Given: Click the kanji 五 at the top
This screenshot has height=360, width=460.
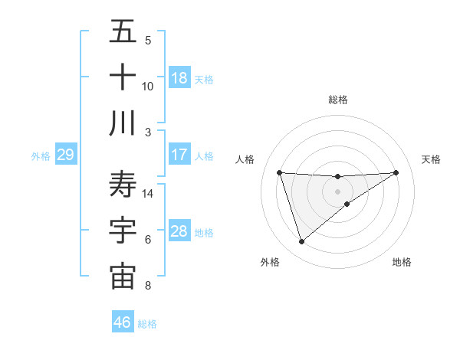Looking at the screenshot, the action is (x=123, y=33).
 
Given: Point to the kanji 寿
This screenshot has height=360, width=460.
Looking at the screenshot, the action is (x=123, y=185).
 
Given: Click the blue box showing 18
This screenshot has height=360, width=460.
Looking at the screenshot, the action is (x=179, y=78).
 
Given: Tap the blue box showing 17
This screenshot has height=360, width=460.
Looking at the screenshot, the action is (x=179, y=155).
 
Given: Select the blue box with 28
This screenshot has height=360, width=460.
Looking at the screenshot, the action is (x=179, y=231).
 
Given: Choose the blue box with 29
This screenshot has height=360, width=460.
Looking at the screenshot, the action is (x=65, y=155).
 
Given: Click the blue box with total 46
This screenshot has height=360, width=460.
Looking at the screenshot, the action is (x=123, y=322).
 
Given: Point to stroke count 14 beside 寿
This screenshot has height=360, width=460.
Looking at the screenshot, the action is (x=149, y=194).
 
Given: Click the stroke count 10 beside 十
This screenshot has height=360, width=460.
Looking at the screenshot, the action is (x=148, y=87).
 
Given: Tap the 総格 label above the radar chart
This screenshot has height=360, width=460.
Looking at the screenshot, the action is (x=338, y=100).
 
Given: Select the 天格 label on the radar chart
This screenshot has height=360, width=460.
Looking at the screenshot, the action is (x=432, y=159).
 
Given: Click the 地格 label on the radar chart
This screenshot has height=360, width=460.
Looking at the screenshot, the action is (x=402, y=262).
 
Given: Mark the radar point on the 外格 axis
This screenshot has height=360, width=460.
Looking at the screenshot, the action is (x=301, y=242).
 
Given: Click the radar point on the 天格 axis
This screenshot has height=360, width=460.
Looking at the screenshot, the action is (x=396, y=172).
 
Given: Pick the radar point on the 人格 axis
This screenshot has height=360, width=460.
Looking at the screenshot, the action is (x=280, y=172).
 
